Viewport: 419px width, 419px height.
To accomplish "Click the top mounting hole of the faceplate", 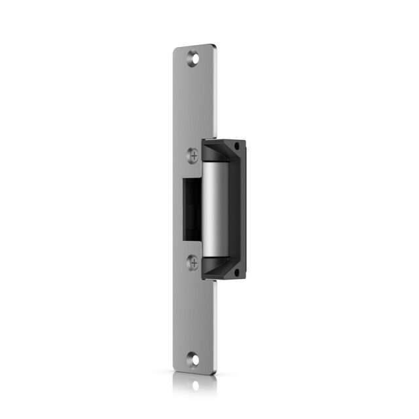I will click(x=192, y=58).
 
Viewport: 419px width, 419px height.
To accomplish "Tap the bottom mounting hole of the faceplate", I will click(x=194, y=359).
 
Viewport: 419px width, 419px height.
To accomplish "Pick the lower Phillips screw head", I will click(x=193, y=263).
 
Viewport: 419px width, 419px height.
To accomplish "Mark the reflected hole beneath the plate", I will click(x=194, y=387).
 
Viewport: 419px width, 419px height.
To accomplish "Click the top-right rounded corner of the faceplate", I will click(x=213, y=46).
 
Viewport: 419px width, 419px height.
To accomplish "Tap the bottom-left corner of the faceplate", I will click(x=175, y=368).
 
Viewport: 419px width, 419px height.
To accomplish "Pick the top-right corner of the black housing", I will click(x=244, y=141).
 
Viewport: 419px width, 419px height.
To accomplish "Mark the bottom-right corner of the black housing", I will click(x=244, y=278).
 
